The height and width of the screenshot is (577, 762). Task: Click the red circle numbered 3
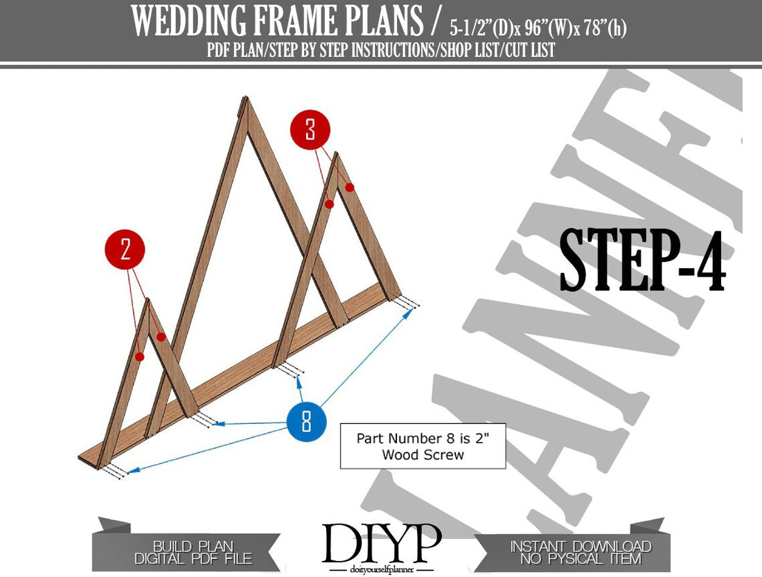click(x=310, y=130)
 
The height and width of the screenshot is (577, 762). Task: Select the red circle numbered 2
click(x=125, y=249)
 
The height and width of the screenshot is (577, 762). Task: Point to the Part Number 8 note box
click(x=423, y=446)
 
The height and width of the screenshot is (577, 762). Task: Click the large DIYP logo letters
click(x=381, y=544)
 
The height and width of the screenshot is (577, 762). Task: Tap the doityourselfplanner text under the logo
click(x=381, y=570)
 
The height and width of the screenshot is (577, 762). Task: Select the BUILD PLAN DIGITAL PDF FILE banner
click(x=190, y=551)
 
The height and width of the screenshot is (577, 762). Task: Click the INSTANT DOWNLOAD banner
click(x=581, y=551)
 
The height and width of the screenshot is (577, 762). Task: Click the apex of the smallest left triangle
click(x=148, y=301)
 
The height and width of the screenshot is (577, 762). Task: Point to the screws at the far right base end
click(x=409, y=303)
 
